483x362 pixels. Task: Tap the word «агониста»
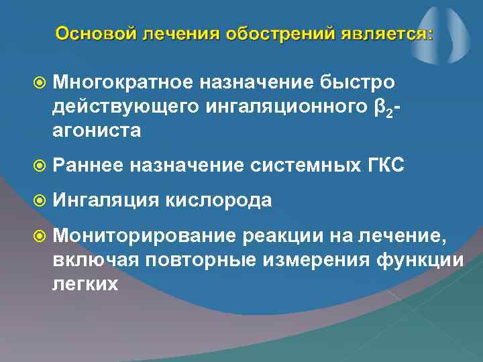(97, 131)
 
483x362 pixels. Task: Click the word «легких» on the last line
(85, 284)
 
